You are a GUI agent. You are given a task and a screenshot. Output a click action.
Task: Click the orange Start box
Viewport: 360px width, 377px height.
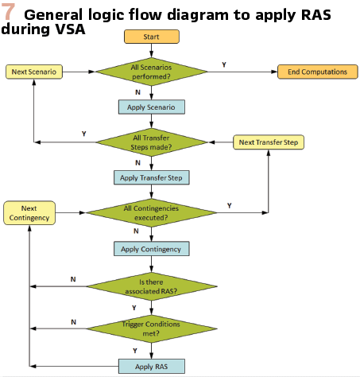[152, 37]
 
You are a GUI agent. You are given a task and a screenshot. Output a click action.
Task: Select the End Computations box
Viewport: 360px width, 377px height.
[318, 72]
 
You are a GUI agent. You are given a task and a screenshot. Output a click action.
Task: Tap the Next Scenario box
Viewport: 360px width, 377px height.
[34, 72]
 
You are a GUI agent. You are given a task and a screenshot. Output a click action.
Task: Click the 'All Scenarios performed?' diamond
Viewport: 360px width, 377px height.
[152, 72]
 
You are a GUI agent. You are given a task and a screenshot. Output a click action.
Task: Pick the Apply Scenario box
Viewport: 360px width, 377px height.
[152, 107]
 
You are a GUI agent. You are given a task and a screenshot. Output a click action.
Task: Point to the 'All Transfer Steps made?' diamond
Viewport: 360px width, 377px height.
[152, 142]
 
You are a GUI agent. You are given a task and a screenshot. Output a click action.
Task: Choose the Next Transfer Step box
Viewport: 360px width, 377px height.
[269, 142]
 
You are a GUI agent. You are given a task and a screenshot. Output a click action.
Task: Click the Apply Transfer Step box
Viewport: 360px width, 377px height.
[152, 177]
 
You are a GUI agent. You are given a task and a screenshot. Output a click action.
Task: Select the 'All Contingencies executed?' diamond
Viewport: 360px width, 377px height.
[152, 213]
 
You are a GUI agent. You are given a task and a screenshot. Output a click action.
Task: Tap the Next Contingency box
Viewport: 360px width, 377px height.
[29, 213]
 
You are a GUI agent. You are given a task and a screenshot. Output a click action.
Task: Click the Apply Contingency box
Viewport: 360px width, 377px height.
[152, 249]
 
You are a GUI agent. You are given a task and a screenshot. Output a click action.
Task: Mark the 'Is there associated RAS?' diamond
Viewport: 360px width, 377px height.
[152, 286]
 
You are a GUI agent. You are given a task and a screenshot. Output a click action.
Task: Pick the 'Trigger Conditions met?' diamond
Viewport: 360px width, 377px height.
[152, 328]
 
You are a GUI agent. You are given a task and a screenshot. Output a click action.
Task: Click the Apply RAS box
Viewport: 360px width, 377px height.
[152, 367]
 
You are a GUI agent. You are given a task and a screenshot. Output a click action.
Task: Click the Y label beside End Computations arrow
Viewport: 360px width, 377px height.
[224, 64]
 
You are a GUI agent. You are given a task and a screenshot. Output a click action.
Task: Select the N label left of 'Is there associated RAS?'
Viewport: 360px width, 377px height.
[73, 279]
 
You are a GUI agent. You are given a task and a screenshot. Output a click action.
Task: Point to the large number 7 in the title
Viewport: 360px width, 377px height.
[8, 12]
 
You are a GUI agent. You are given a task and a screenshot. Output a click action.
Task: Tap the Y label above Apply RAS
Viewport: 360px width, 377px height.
[135, 351]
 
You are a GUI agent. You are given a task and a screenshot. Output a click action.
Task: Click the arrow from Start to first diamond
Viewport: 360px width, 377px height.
[152, 50]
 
